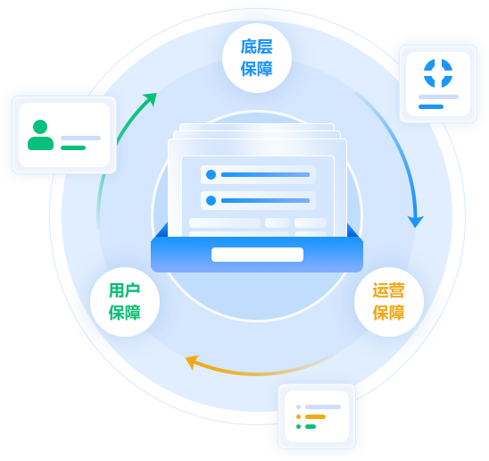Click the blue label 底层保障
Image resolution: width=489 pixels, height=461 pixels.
pos(257,58)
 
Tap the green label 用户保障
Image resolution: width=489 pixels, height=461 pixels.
pos(125,301)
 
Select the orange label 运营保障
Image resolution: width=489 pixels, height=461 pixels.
pos(388,301)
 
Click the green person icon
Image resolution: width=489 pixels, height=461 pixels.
pos(40,135)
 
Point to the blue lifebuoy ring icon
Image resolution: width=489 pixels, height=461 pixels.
pos(438,73)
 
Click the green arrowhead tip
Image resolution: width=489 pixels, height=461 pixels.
pos(156,93)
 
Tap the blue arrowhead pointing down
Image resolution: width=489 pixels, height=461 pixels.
pos(416,222)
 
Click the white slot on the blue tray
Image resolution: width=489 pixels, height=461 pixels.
pos(257,255)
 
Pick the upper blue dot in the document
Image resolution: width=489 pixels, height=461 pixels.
pos(211,174)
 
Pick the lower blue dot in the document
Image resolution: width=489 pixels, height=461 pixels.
pos(211,200)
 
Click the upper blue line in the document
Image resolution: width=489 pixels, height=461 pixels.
pos(265,174)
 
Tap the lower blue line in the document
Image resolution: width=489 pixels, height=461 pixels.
pos(265,200)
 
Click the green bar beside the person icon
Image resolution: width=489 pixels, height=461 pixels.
pos(73,147)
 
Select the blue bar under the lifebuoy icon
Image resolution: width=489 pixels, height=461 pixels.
pos(431,107)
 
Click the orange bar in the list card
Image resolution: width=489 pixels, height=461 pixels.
pos(315,416)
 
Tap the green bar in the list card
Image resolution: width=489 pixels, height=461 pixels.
pos(311,427)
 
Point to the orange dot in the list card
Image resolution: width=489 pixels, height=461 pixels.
pos(298,416)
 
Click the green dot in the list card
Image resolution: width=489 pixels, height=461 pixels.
pos(298,427)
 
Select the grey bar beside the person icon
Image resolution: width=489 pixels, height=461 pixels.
pos(81,138)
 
